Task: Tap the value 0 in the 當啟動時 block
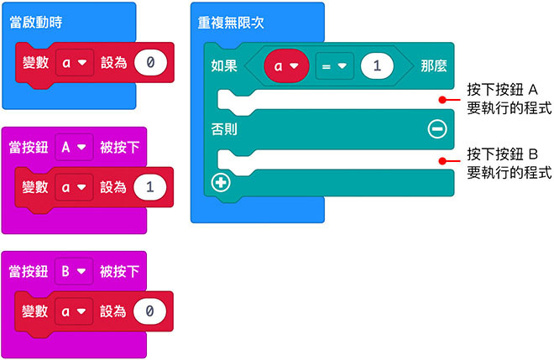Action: tap(150, 63)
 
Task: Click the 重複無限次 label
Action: tap(234, 20)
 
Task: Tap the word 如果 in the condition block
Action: tap(224, 65)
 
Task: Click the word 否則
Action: tap(224, 128)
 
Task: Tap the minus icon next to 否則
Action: tap(436, 128)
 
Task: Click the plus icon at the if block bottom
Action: tap(221, 181)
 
